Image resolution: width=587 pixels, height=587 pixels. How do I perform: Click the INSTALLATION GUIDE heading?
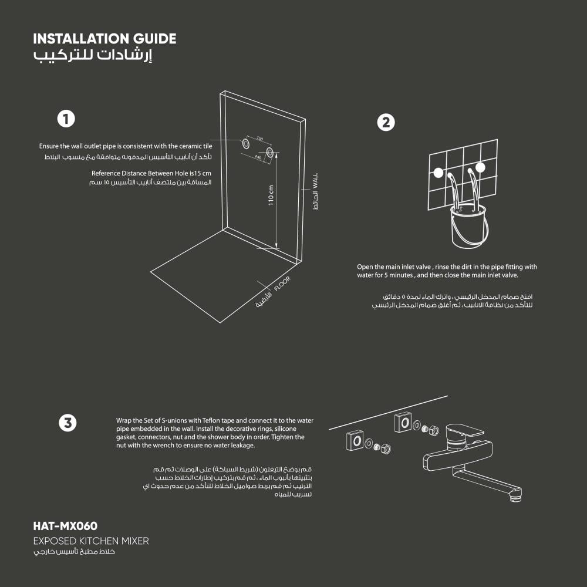[x=104, y=39]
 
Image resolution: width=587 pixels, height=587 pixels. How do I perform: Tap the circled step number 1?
[x=66, y=119]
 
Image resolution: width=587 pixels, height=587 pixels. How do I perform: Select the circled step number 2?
[x=386, y=123]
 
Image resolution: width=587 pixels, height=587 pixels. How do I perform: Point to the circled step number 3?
[x=68, y=423]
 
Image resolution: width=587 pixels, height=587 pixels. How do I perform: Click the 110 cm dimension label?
[x=271, y=195]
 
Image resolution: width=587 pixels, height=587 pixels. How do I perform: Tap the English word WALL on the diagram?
[x=315, y=181]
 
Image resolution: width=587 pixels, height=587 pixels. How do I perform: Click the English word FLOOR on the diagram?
[x=282, y=284]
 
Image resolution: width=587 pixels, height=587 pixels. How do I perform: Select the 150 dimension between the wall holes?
[x=259, y=139]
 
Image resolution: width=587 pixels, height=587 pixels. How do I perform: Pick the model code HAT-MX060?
[x=65, y=526]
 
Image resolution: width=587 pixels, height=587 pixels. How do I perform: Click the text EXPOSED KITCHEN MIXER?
[x=91, y=541]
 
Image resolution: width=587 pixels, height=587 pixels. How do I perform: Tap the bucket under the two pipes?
[x=469, y=226]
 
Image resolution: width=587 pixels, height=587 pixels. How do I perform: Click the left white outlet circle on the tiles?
[x=438, y=173]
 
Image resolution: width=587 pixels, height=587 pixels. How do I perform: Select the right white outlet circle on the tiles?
[x=480, y=167]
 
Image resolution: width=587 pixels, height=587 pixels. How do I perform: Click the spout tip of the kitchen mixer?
[x=516, y=498]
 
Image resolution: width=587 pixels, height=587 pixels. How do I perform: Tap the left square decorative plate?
[x=355, y=440]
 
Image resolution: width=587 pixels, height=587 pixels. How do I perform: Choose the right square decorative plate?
[x=403, y=422]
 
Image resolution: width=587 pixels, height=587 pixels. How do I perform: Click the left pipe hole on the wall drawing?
[x=246, y=143]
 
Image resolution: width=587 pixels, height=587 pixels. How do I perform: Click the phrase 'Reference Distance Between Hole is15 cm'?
[x=151, y=173]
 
